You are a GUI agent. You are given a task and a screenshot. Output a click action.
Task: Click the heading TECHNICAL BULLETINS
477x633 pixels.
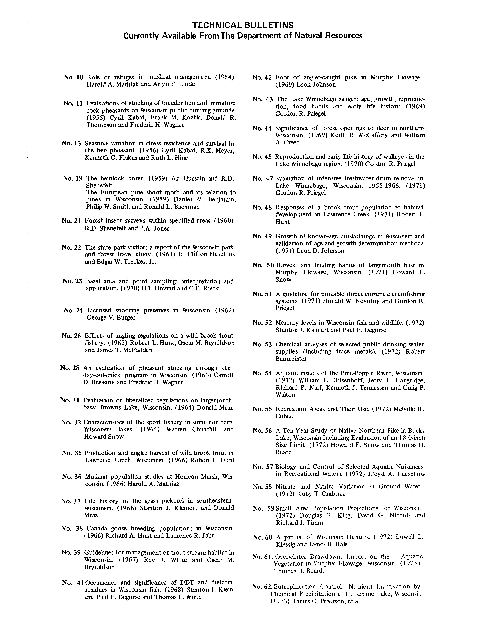pos(243,25)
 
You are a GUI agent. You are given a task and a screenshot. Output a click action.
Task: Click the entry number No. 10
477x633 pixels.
pos(74,77)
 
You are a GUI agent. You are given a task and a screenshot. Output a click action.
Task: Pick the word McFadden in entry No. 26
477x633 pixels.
pos(139,350)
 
